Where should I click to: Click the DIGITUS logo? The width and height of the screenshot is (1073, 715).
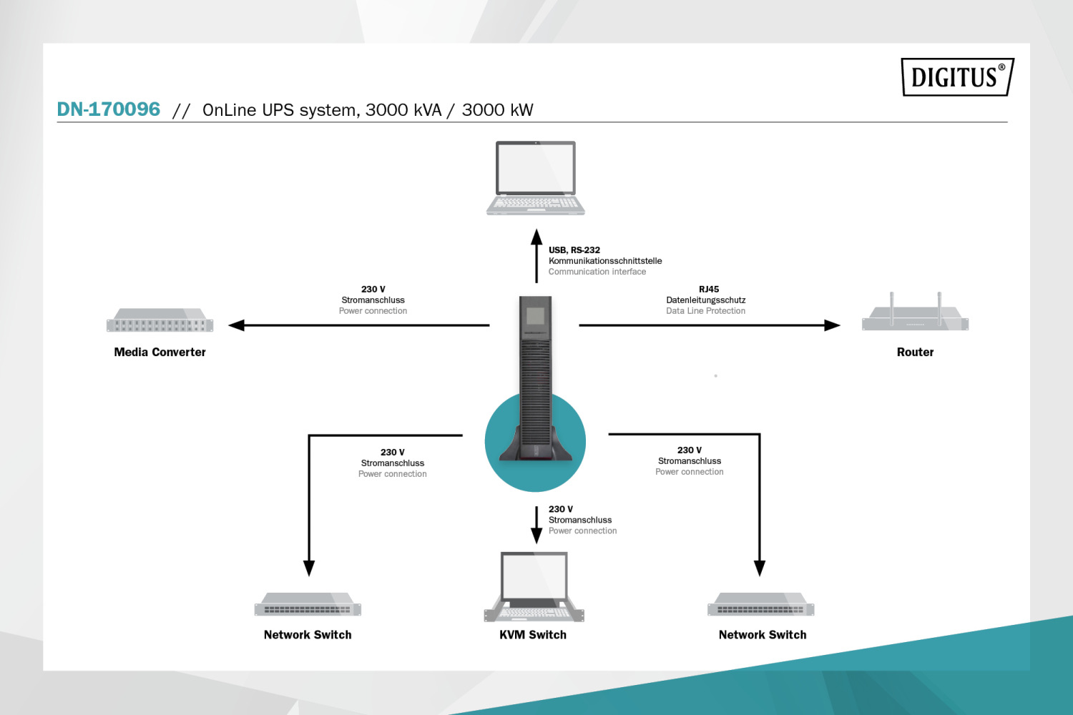[x=957, y=77]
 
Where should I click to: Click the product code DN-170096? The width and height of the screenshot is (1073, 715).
[x=109, y=109]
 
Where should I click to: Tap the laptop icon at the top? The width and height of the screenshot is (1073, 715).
[x=536, y=177]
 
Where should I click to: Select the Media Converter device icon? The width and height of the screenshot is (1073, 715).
[x=160, y=320]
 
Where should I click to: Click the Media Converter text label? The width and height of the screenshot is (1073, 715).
[x=160, y=352]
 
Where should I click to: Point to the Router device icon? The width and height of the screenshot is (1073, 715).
[x=915, y=315]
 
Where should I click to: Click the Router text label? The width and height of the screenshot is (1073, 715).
[x=915, y=352]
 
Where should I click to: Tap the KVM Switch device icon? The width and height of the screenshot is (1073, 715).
[x=534, y=586]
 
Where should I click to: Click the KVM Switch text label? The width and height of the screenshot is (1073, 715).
[x=533, y=635]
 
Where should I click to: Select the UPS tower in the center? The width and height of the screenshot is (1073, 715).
[x=536, y=379]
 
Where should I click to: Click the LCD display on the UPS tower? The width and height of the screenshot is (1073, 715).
[x=536, y=316]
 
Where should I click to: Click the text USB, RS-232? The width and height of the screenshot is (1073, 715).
[x=574, y=250]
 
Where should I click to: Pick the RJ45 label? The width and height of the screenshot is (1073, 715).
[x=709, y=290]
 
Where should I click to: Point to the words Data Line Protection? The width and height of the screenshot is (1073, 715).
[x=705, y=311]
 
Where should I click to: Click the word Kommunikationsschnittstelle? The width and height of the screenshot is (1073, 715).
[x=605, y=261]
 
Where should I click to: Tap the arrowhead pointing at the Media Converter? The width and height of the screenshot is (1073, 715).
[x=236, y=325]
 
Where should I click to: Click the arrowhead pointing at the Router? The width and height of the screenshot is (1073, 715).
[x=832, y=325]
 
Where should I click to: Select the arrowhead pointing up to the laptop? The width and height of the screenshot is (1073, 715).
[x=536, y=237]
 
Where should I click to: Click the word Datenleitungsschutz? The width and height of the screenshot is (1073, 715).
[x=705, y=300]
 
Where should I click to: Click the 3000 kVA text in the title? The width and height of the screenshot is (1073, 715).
[x=403, y=110]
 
